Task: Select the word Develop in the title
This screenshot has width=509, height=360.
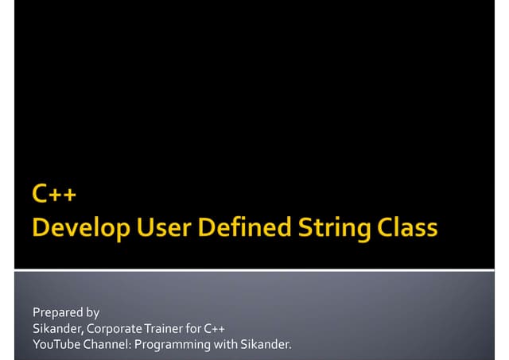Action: coord(75,228)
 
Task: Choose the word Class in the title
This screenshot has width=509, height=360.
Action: coord(406,227)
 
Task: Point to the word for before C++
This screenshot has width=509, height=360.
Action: coord(194,328)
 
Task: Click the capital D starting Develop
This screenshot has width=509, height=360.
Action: coord(41,227)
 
